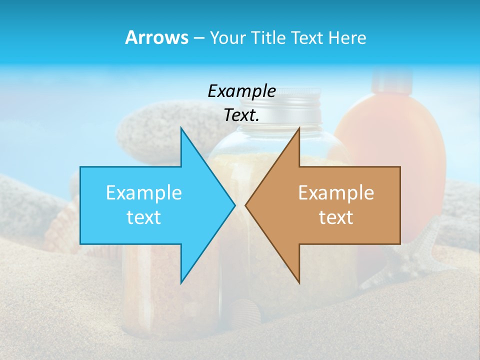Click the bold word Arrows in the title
pos(156,37)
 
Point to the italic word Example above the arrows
pos(241,91)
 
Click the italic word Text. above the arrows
pos(241,115)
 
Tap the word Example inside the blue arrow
pos(144,192)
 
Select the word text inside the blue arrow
pos(144,217)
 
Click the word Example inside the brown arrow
pos(336,192)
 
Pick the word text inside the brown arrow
pos(336,217)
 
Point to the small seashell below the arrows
pos(248,310)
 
